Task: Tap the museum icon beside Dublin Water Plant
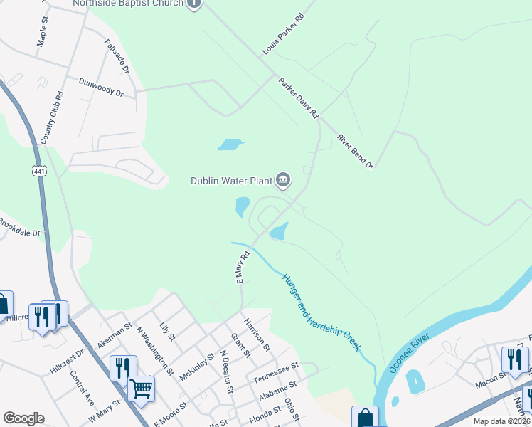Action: (282, 180)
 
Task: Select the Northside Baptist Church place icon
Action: (194, 4)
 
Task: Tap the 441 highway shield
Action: (39, 170)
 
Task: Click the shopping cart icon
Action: (142, 389)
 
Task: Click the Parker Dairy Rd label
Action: (299, 97)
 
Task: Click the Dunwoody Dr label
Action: (101, 88)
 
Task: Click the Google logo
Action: (23, 418)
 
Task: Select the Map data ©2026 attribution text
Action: (501, 421)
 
